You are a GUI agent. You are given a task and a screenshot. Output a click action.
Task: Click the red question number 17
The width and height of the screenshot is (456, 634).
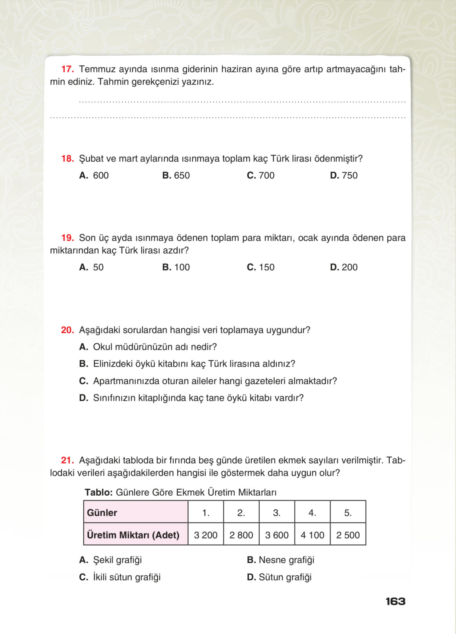67,69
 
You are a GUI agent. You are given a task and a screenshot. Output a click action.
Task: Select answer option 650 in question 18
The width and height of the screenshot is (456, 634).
176,176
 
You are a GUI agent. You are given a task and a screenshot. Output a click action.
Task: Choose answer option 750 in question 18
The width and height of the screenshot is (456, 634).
344,176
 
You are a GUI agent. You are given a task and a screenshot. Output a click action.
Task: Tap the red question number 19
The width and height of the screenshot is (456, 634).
67,238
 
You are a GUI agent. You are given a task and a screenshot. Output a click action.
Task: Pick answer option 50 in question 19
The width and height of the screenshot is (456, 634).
91,267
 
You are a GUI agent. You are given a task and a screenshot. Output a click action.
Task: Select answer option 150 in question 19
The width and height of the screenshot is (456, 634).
261,267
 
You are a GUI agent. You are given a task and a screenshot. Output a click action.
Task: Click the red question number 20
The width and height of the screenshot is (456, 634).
67,330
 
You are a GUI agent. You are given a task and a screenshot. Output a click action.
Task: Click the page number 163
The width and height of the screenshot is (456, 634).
395,602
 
